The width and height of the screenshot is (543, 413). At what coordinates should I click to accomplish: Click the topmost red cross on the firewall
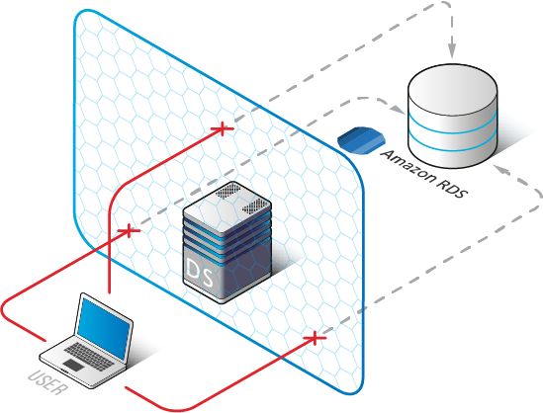pos(223,129)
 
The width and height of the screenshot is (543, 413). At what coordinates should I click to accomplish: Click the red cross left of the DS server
pos(130,231)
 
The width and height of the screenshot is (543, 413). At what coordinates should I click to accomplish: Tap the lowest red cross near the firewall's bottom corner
pos(315,338)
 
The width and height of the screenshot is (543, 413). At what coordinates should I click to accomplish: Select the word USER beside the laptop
pos(46,382)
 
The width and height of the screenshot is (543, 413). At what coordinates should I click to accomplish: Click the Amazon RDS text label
pos(424,174)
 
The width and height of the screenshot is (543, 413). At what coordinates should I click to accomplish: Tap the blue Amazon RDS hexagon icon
pos(361,140)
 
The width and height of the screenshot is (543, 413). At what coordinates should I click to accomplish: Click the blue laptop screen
pos(104,328)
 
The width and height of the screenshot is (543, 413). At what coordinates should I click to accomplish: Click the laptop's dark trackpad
pos(74,365)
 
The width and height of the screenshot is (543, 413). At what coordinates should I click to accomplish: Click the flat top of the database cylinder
pos(453,90)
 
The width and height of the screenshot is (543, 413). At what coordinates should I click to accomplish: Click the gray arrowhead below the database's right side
pos(501,169)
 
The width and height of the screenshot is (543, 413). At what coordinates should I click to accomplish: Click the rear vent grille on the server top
pos(228,190)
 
